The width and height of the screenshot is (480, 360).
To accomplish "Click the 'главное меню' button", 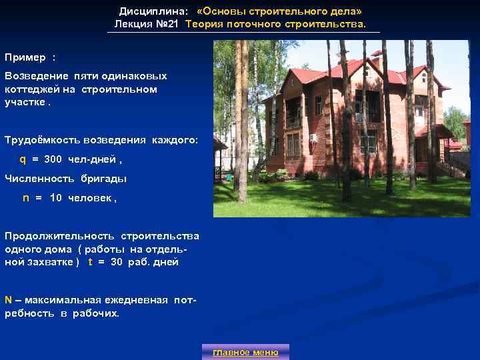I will (245, 352).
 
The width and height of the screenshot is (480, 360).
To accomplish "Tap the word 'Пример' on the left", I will (25, 57).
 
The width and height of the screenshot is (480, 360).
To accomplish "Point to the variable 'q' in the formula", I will (23, 159).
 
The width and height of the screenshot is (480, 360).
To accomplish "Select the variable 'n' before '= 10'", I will (26, 198).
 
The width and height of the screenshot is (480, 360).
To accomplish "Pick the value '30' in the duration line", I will (117, 262).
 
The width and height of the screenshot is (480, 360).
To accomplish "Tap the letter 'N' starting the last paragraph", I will (8, 300).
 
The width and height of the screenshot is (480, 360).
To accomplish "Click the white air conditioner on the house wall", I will (313, 137).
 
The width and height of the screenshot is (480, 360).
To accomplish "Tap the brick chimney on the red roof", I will (376, 55).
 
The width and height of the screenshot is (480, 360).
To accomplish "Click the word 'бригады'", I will (104, 179).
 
